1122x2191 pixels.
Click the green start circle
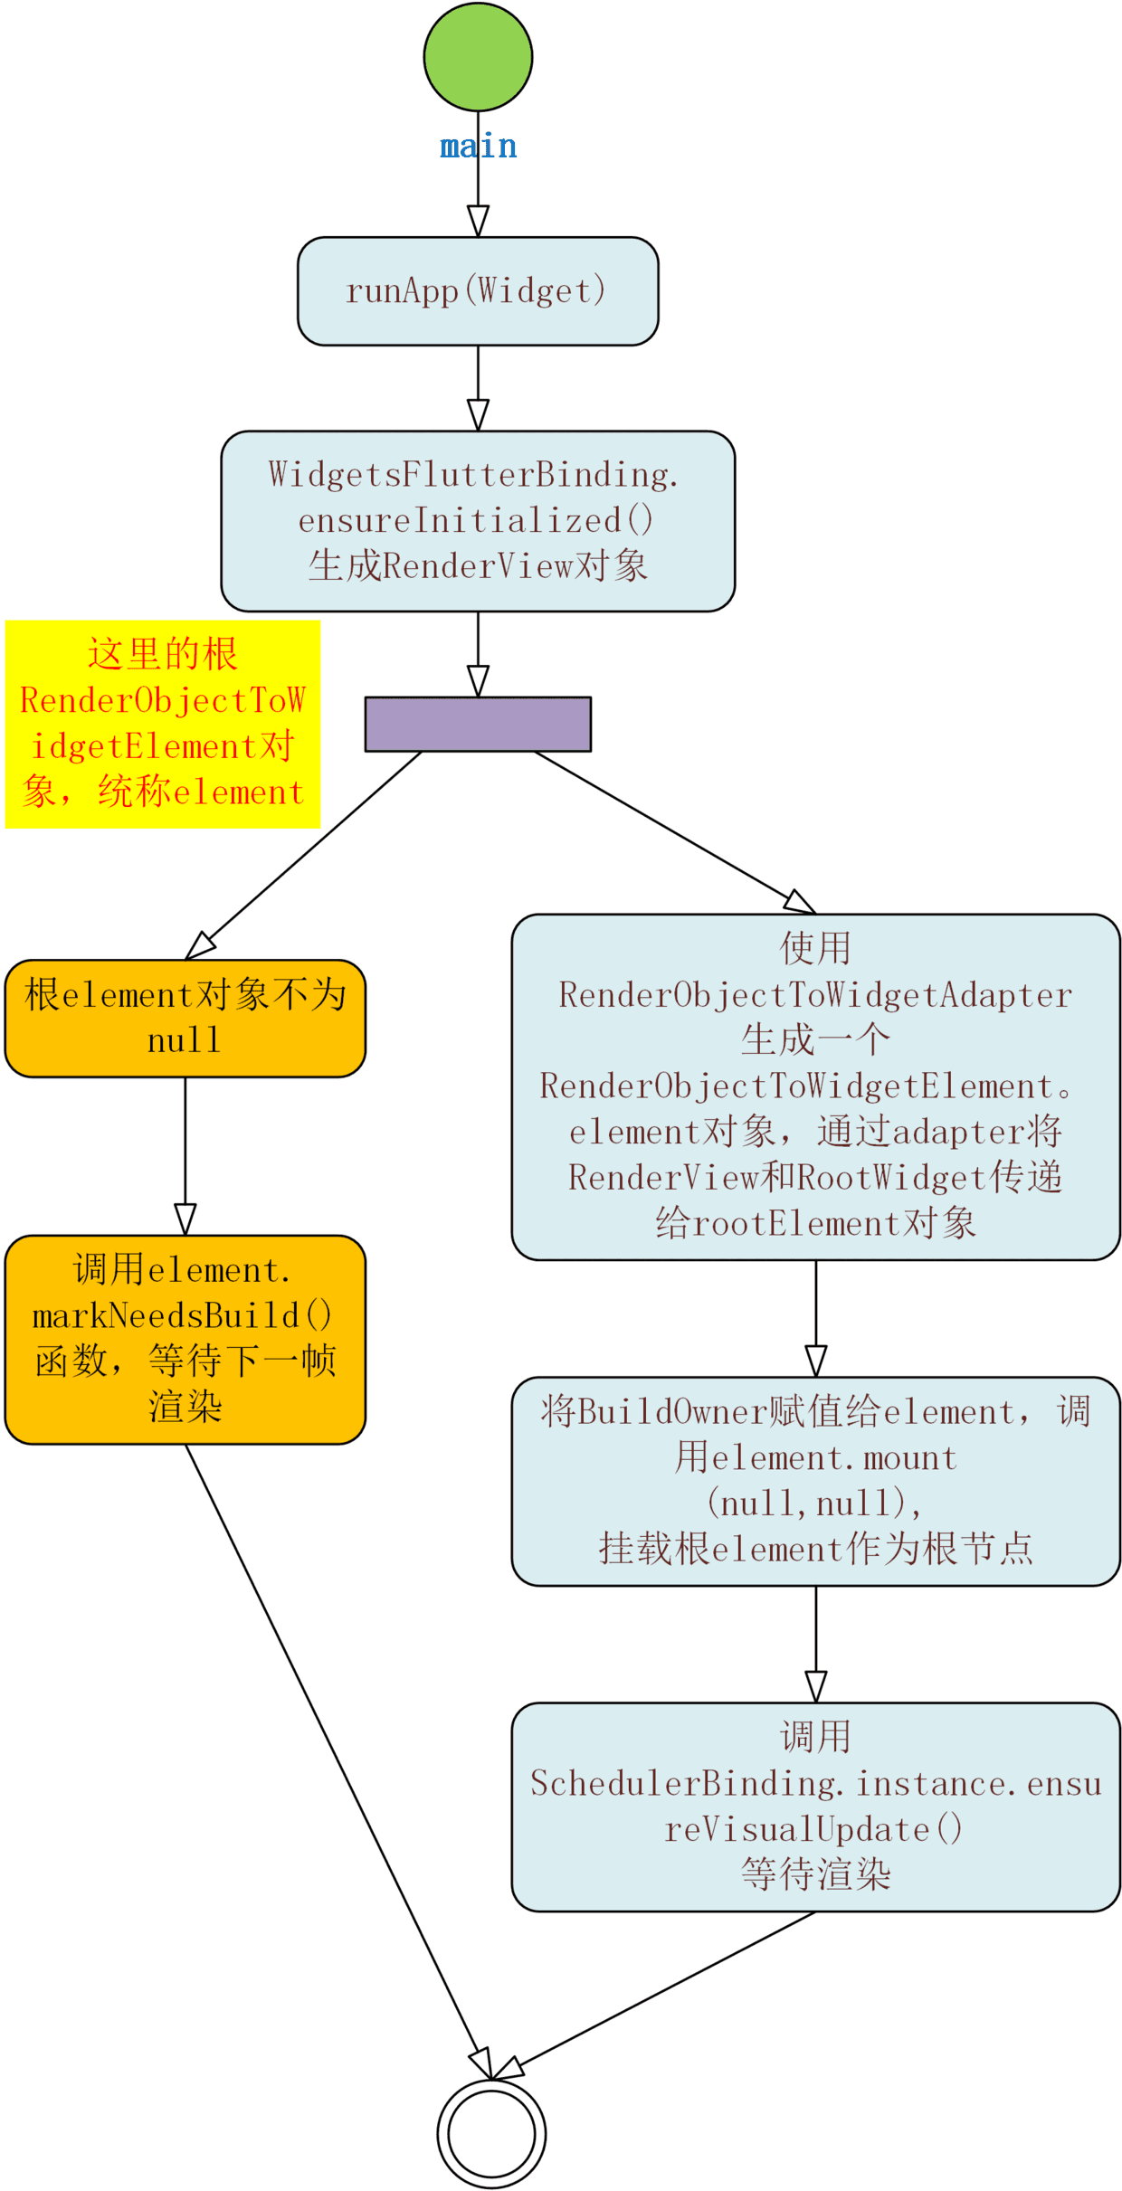[x=478, y=57]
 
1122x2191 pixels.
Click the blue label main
[x=478, y=146]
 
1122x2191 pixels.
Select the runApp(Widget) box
[x=478, y=290]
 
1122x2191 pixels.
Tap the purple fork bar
[x=478, y=724]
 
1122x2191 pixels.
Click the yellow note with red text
[x=163, y=724]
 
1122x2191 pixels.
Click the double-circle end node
[x=491, y=2132]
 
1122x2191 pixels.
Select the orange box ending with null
[x=185, y=1018]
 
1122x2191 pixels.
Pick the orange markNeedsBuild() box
[x=185, y=1339]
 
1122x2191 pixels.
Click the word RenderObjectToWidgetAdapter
[x=815, y=994]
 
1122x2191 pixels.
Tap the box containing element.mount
[x=815, y=1481]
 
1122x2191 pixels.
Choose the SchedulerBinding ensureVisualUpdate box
[x=815, y=1807]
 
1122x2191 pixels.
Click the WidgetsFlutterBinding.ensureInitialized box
[x=478, y=520]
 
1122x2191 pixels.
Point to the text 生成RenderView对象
[x=478, y=566]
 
